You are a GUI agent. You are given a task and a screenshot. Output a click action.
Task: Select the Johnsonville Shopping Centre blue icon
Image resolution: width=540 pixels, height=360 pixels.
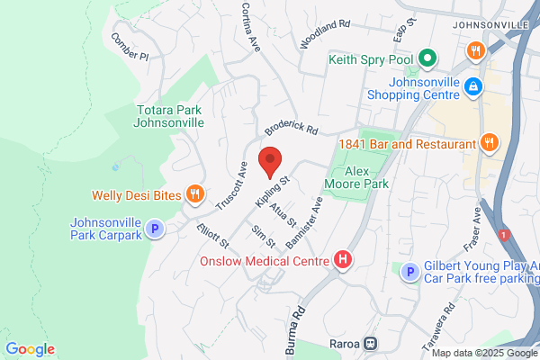(x=472, y=86)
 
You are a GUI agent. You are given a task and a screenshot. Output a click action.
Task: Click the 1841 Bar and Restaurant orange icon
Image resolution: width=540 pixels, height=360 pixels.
(x=490, y=142)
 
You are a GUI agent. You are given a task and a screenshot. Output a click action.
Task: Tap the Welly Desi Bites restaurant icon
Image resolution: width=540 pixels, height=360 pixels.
(x=193, y=193)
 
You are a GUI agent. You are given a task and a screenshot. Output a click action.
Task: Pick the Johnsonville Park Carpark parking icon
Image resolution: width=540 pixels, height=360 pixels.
(x=155, y=229)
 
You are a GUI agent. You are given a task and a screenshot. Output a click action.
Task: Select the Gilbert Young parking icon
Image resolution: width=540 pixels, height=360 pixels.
(x=409, y=271)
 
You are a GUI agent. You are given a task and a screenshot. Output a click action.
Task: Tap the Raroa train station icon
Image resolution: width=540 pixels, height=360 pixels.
(x=368, y=344)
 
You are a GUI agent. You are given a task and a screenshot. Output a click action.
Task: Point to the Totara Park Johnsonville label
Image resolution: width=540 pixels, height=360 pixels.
(x=168, y=117)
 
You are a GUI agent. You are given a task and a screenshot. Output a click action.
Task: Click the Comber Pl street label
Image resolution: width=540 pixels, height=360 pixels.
(x=129, y=47)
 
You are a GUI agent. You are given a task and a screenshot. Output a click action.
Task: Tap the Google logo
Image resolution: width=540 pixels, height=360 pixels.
(x=30, y=349)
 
